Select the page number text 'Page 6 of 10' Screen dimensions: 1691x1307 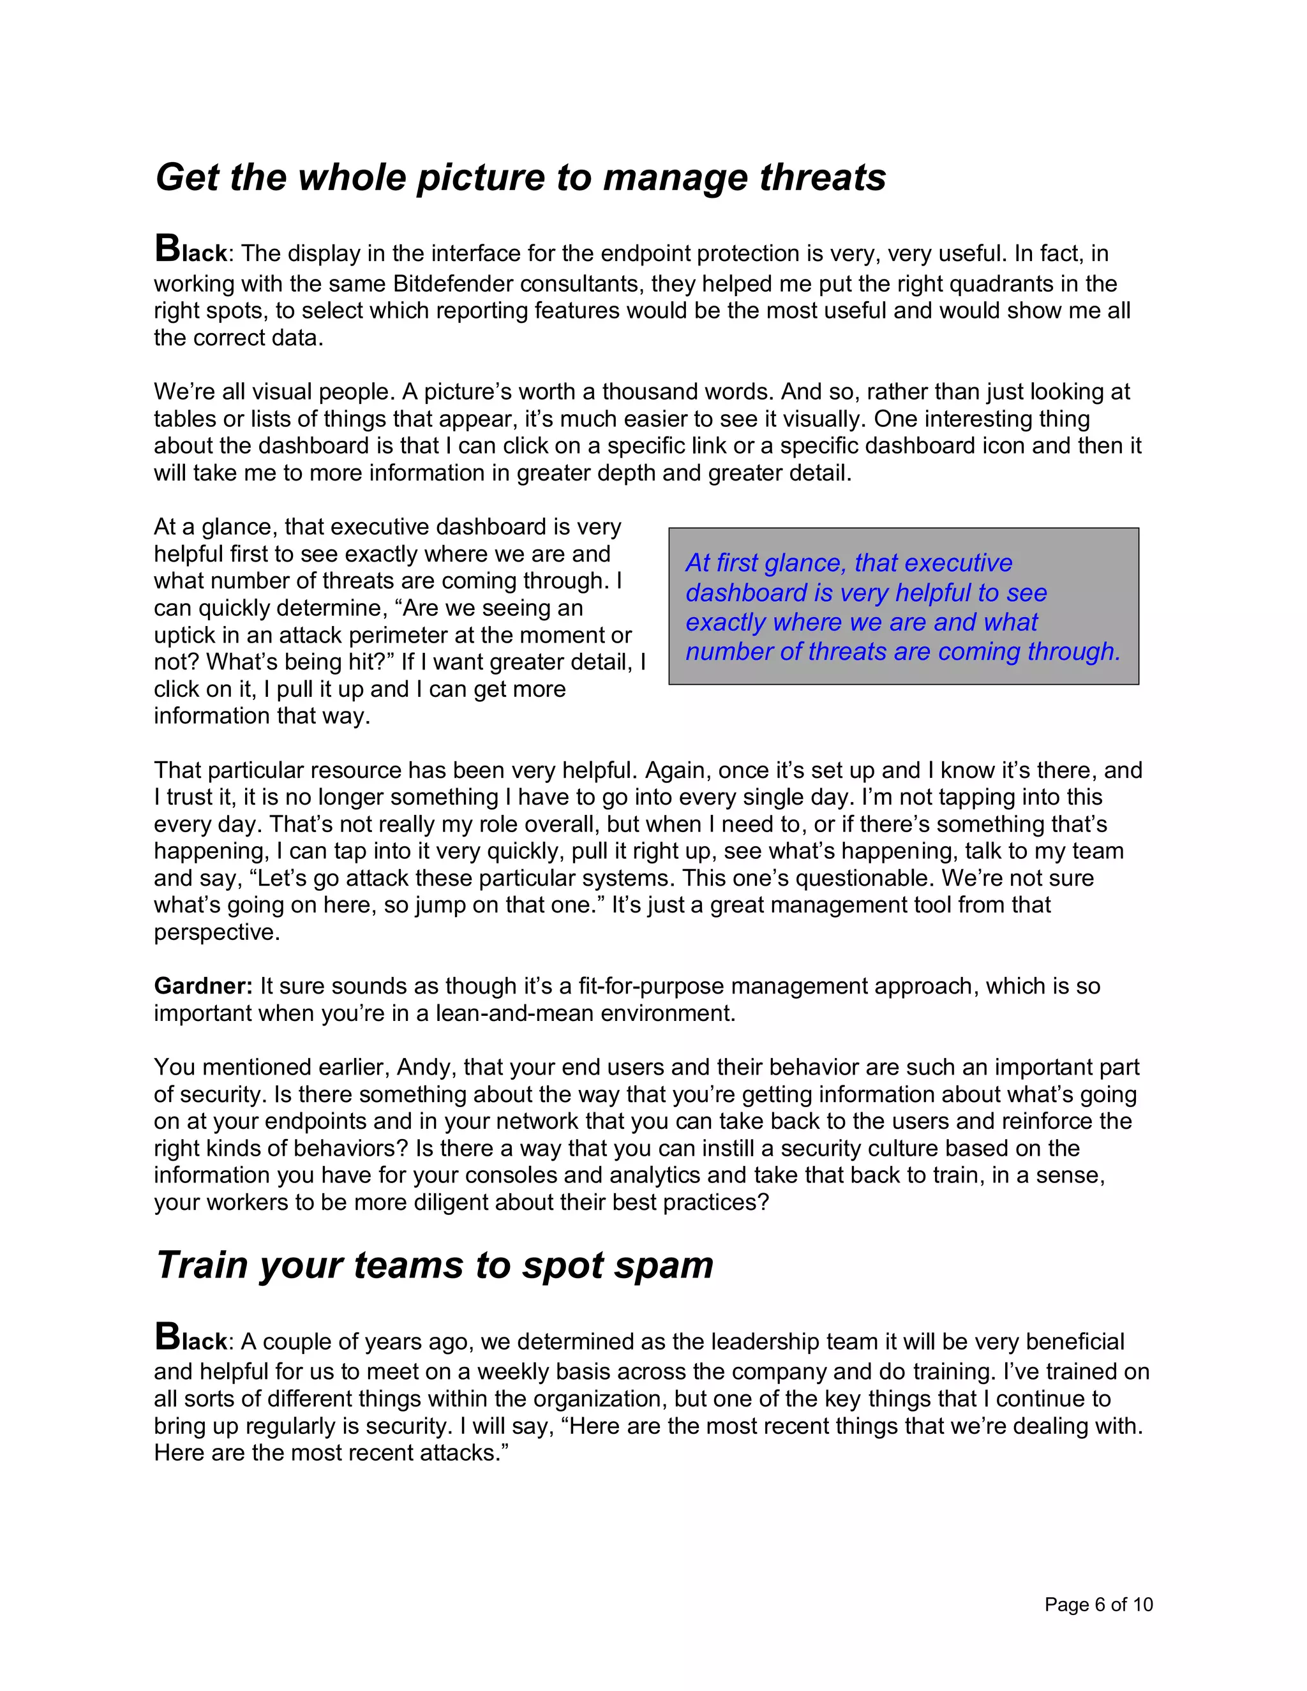point(1098,1605)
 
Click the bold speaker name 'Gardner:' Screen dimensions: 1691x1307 point(203,987)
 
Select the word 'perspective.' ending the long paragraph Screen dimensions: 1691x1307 point(216,932)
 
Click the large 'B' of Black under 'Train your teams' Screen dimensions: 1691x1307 point(167,1336)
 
